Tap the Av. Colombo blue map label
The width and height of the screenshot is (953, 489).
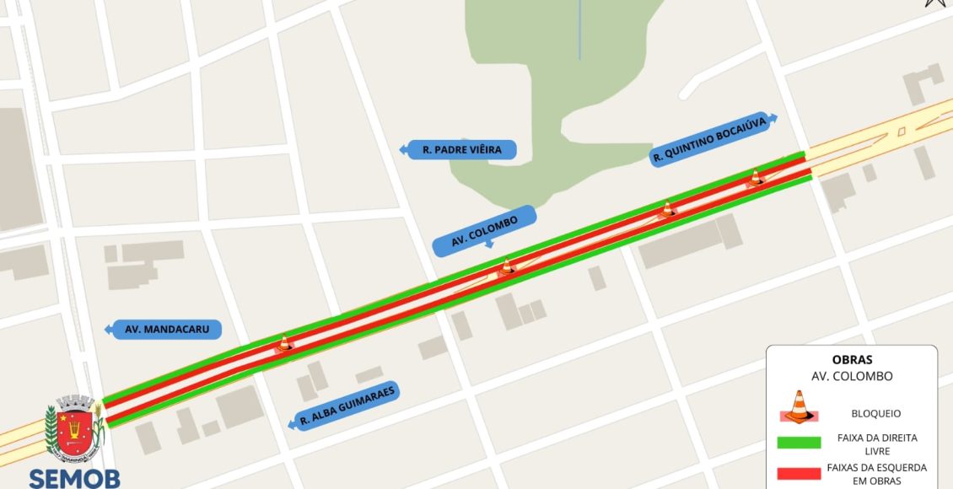pyautogui.click(x=485, y=231)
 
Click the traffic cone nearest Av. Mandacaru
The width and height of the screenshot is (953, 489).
pyautogui.click(x=284, y=343)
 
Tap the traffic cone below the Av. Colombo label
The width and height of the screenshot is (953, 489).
pyautogui.click(x=507, y=268)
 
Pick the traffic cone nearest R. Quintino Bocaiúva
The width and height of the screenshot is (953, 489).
pyautogui.click(x=756, y=177)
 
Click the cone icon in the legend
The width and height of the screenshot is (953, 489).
pyautogui.click(x=797, y=406)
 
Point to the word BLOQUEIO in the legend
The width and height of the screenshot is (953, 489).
pyautogui.click(x=876, y=414)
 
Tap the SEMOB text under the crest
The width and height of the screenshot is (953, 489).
pyautogui.click(x=74, y=478)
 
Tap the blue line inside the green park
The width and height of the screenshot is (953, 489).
pyautogui.click(x=580, y=30)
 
